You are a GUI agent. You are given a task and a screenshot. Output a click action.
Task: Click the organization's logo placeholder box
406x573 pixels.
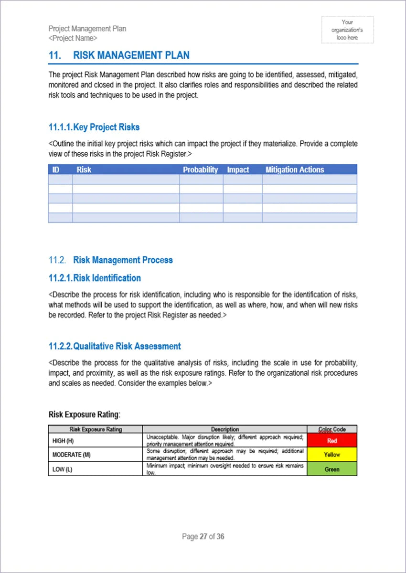point(347,30)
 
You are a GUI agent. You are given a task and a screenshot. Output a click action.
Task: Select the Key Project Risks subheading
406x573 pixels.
point(94,127)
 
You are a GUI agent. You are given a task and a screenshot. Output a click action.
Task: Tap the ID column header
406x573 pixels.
point(55,170)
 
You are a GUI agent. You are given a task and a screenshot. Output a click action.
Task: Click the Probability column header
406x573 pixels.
point(200,170)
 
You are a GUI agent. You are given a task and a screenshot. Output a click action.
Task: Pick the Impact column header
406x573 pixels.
point(238,170)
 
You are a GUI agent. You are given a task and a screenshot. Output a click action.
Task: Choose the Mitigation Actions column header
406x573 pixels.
point(294,170)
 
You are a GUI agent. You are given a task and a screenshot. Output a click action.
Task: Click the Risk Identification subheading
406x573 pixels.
point(95,278)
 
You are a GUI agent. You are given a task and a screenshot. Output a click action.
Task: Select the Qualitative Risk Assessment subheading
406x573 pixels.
point(115,346)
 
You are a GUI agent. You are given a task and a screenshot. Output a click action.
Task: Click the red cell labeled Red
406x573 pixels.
point(332,441)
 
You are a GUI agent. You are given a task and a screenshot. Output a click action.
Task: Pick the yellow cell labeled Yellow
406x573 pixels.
point(332,455)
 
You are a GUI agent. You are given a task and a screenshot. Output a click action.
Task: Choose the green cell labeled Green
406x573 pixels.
point(332,469)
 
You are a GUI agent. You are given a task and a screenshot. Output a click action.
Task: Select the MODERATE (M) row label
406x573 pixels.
point(71,455)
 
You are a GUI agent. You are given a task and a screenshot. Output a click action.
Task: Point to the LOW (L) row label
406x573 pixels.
point(62,469)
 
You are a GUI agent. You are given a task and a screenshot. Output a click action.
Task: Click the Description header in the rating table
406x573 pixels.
point(224,429)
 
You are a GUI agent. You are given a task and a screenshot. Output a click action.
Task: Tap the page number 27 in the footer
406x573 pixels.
point(203,537)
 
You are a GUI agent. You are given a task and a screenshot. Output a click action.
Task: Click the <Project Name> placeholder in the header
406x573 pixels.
point(73,38)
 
